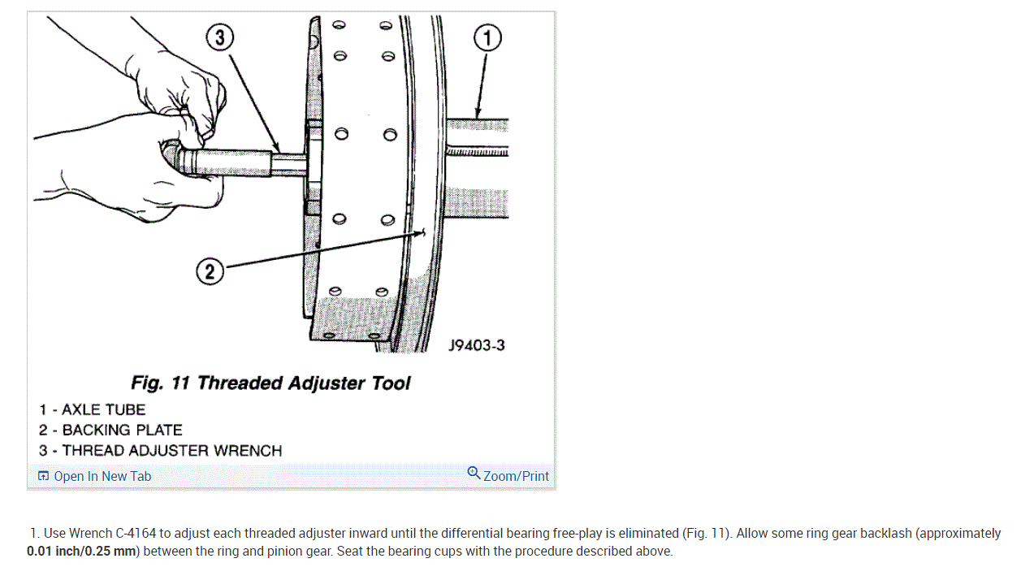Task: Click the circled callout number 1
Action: coord(487,38)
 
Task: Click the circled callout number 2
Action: coord(210,271)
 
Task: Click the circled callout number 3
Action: coord(219,37)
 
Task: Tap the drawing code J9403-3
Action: coord(476,345)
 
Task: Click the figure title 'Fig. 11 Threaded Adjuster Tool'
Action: coord(270,383)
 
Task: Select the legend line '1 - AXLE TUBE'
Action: coord(92,409)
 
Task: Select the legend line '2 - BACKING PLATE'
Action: coord(110,430)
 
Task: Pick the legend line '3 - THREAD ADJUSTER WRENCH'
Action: coord(160,450)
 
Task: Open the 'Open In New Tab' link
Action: coord(102,476)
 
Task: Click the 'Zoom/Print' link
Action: coord(516,476)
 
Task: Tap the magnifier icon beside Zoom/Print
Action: coord(474,473)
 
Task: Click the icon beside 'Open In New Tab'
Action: coord(44,476)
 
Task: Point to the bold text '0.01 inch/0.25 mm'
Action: coord(80,551)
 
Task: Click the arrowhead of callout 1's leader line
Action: coord(478,116)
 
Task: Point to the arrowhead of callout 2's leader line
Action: coord(424,233)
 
